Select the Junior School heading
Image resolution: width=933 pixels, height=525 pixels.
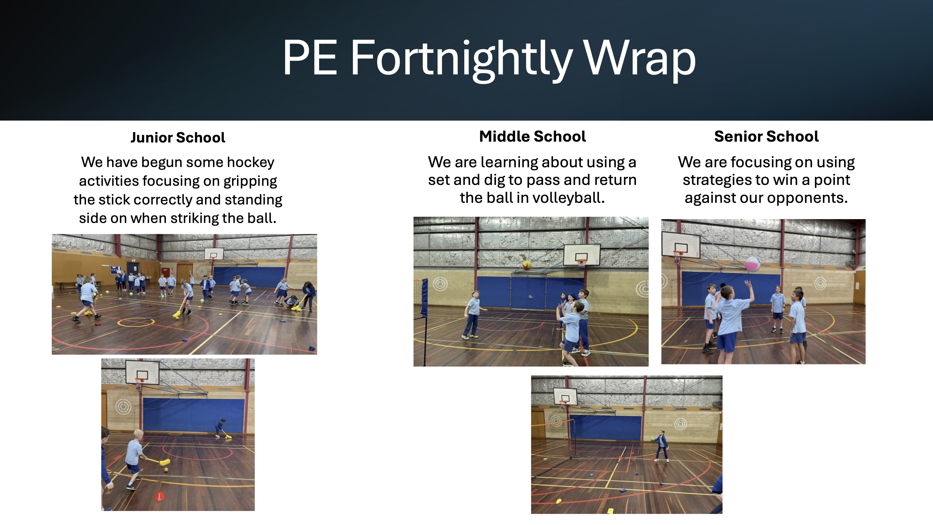point(178,138)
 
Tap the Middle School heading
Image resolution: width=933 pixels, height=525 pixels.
point(532,137)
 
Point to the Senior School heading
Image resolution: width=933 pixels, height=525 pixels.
point(766,137)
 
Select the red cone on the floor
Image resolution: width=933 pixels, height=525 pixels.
point(159,496)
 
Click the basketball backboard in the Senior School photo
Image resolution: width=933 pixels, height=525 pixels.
point(681,244)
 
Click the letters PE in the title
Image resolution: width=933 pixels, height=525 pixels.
point(310,58)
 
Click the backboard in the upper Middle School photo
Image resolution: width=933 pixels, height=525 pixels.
point(582,254)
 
